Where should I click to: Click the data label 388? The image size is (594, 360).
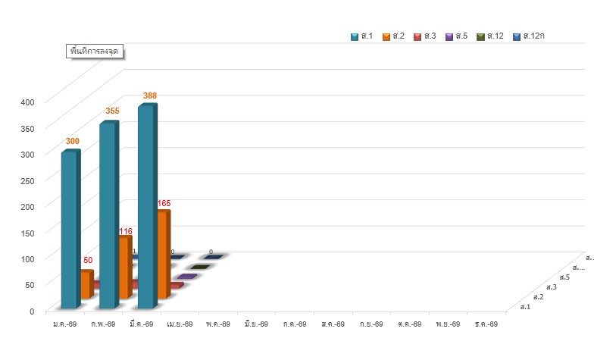150,95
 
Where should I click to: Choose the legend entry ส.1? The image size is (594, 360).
362,36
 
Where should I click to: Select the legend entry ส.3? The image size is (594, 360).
425,36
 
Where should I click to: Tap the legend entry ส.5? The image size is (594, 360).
456,36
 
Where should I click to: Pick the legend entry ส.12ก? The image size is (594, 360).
530,36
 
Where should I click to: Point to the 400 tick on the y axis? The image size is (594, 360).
27,102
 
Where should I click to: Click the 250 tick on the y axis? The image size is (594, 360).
27,180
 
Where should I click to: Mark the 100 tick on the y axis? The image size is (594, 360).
27,258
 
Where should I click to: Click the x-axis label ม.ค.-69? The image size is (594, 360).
64,324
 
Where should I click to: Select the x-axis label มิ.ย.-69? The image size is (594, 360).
256,324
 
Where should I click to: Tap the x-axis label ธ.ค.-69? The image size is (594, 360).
486,324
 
